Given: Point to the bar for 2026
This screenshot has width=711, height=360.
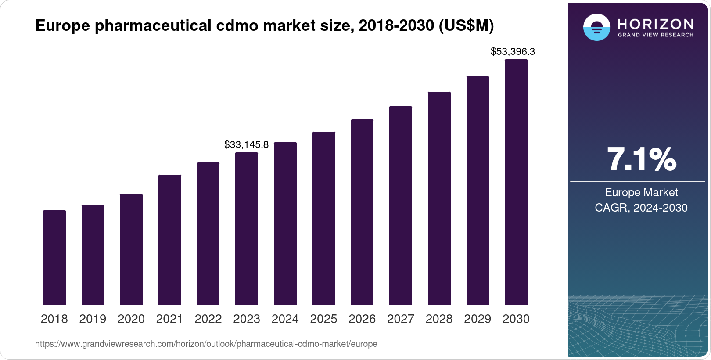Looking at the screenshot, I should coord(362,212).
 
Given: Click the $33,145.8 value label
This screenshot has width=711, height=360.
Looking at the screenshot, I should coord(246,144).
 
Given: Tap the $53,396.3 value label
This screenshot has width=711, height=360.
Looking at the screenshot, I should coord(513,52).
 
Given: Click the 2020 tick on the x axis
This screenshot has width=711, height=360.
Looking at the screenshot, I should coord(131,319).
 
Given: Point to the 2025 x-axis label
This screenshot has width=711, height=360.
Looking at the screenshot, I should coord(323,319).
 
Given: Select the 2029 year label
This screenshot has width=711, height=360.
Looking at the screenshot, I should coord(478,319).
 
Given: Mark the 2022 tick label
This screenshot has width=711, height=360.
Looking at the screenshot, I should coord(208,319).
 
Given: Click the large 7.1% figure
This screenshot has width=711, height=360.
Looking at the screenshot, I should coord(641,159).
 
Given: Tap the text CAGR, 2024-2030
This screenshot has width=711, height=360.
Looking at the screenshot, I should coord(641,208).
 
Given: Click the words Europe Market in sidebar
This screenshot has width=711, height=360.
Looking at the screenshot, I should coord(641,192).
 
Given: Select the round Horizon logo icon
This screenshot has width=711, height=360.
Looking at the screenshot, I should coord(596,27).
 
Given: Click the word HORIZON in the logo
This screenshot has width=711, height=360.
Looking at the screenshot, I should coord(655,24).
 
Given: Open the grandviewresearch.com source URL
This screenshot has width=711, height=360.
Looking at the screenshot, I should coord(206,344).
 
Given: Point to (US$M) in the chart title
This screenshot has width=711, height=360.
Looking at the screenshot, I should coord(466,26).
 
